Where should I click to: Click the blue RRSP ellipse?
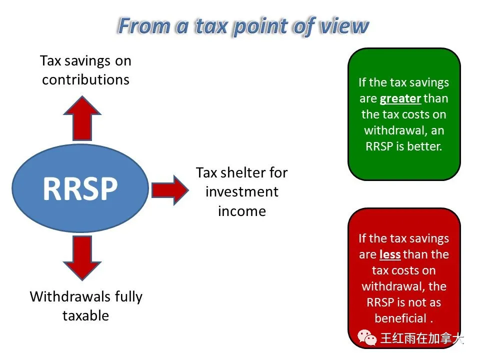[80, 188]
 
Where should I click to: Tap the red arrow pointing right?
[170, 190]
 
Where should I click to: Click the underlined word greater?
[400, 99]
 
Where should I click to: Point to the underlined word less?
[390, 254]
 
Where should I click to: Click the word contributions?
[85, 80]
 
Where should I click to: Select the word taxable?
[85, 315]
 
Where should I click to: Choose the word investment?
[242, 192]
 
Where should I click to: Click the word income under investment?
[242, 211]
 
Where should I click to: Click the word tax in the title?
[211, 26]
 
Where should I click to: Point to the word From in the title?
[144, 25]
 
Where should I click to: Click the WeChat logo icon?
[367, 337]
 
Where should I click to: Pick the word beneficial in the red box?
[400, 318]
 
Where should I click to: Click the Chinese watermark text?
[422, 338]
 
